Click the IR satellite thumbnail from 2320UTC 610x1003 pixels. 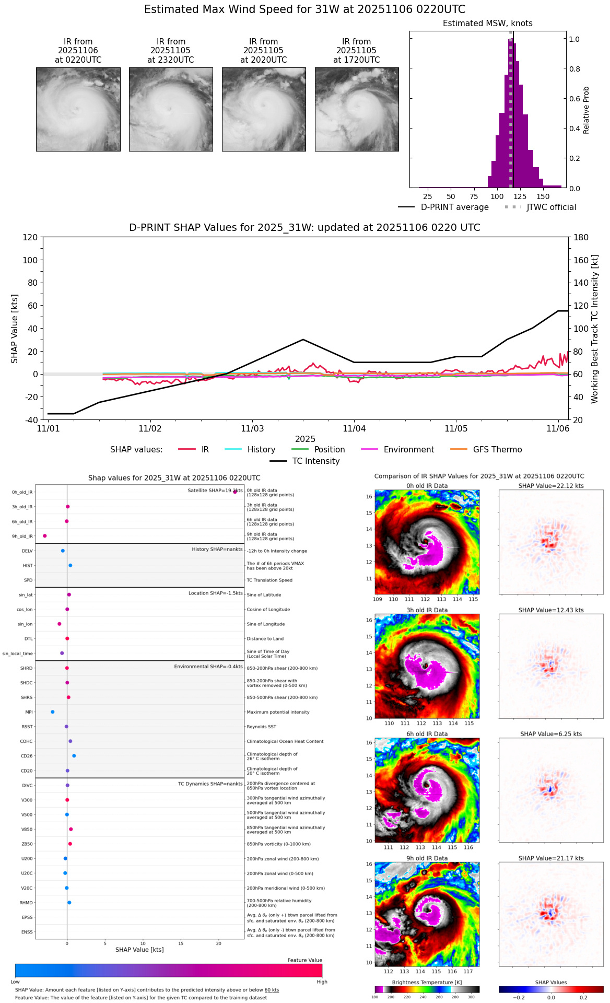point(171,109)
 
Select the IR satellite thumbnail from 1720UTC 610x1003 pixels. point(357,109)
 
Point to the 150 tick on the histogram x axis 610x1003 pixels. point(543,196)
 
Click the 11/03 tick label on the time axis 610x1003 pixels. point(252,429)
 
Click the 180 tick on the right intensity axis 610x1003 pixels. point(581,238)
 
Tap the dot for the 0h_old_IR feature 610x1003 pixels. point(235,492)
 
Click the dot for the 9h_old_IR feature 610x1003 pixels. point(45,535)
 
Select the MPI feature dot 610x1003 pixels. point(52,712)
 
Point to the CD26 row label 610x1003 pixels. point(27,756)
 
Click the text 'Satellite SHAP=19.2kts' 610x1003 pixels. point(215,491)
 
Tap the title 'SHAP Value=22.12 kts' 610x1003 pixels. point(551,486)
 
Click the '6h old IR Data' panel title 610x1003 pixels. point(427,734)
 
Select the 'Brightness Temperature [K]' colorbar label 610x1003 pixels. point(427,983)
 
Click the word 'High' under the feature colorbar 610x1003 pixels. point(322,982)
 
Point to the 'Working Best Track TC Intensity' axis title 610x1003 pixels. point(594,329)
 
